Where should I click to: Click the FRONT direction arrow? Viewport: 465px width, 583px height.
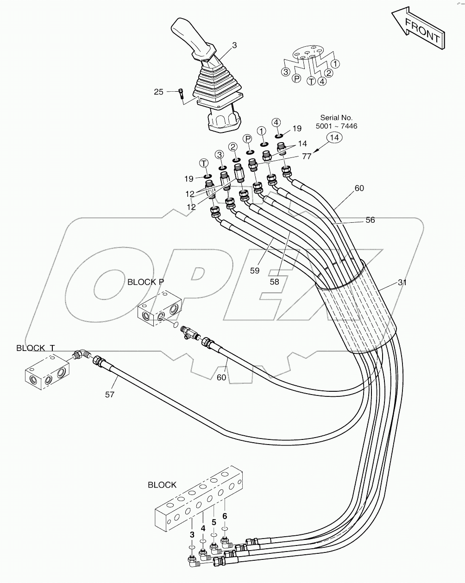[418, 27]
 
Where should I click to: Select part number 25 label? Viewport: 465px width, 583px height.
[159, 92]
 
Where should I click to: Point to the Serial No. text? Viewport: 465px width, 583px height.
[336, 118]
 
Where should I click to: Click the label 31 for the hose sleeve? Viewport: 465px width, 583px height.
[402, 282]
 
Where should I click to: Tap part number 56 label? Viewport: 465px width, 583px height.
[370, 220]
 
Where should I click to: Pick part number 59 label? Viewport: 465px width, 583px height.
[254, 271]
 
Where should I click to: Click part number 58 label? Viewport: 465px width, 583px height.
[275, 281]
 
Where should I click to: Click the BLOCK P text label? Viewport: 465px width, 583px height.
[145, 282]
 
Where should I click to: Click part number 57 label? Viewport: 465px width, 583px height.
[109, 394]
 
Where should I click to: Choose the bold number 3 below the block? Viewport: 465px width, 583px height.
[192, 534]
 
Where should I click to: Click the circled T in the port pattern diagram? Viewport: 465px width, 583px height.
[311, 81]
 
